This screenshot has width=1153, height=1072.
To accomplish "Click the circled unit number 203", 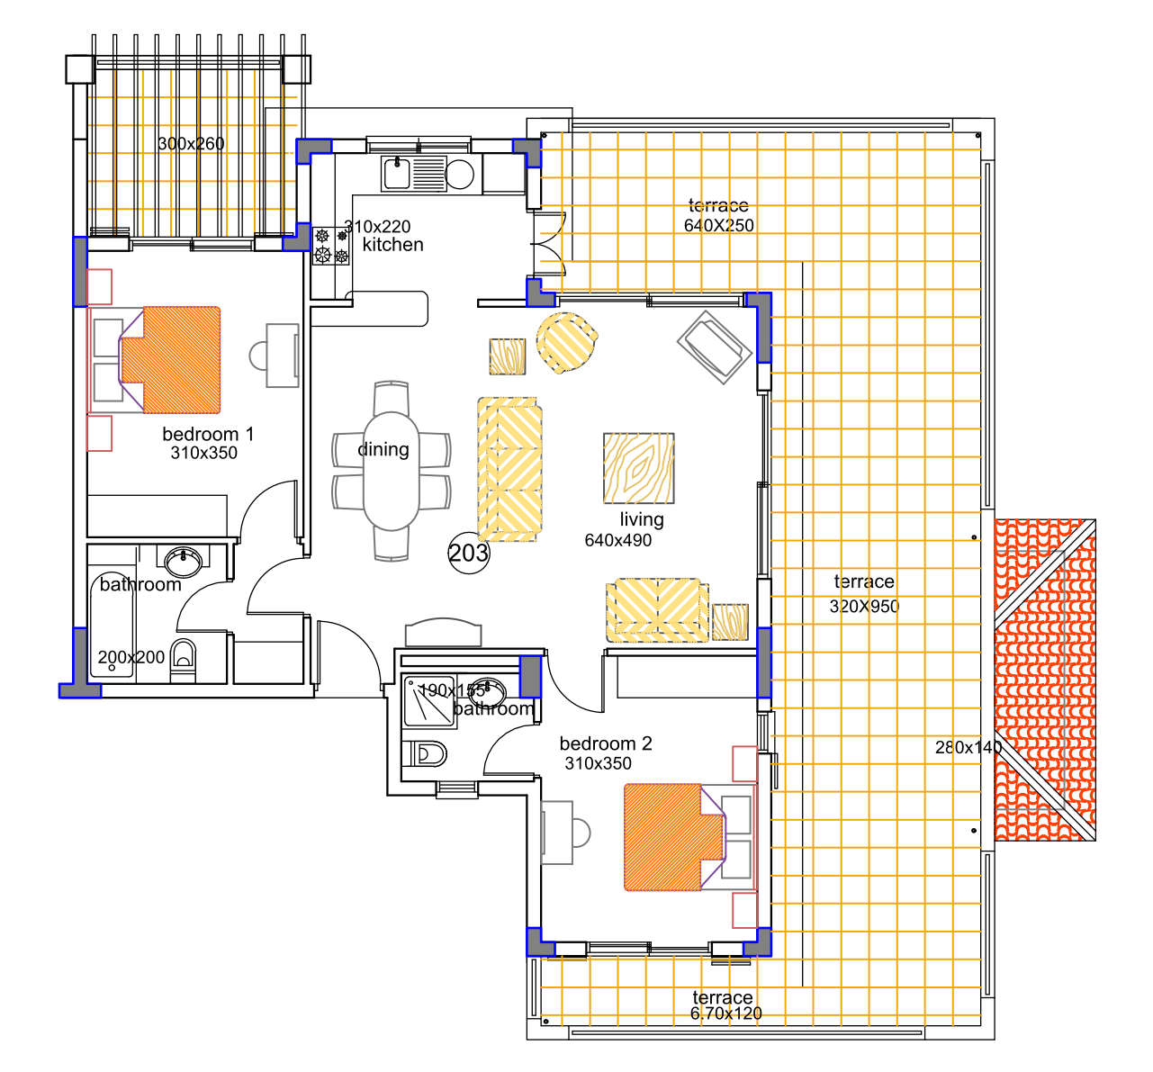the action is point(469,554).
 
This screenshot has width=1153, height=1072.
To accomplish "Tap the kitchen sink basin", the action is point(397,174).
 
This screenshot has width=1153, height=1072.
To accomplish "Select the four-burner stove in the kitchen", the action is point(331,247).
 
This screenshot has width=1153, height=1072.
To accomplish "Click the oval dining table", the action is point(392,471).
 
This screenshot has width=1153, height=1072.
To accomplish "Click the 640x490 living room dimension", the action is point(617,541).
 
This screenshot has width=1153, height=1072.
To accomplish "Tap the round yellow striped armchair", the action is point(566,343).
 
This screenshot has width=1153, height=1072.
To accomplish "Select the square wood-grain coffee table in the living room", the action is point(639,468).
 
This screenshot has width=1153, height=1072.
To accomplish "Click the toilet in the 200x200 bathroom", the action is point(184,661).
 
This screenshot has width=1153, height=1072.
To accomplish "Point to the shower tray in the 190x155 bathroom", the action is point(429,701).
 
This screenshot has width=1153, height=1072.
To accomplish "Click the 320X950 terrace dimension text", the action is point(864,607).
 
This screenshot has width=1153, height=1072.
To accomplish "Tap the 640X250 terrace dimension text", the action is point(719,225).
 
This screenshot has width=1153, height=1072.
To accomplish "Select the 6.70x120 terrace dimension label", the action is point(725,1013).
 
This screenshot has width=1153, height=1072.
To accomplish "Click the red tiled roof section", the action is point(1045,680).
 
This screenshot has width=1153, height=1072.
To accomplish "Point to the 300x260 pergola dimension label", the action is point(191,143).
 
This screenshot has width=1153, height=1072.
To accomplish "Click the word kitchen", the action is point(393,245).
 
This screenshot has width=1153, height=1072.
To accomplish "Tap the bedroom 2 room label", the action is point(606,743).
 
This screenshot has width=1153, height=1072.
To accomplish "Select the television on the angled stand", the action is point(715,347).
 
